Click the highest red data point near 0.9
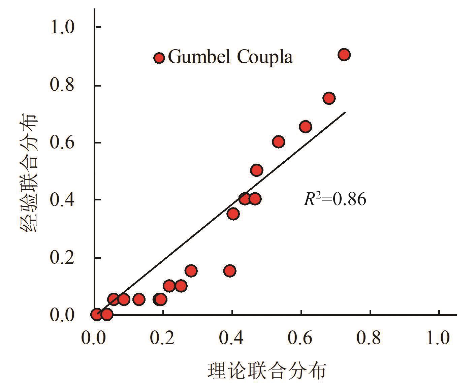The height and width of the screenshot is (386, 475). [344, 55]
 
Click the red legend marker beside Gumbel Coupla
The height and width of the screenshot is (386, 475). [159, 58]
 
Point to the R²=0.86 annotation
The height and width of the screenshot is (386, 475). [335, 199]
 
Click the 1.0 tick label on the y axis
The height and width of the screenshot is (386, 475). [62, 27]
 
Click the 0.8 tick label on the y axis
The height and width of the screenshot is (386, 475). [62, 85]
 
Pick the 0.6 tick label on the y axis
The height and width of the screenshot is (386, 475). [62, 142]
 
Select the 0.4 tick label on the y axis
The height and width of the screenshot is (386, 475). [62, 200]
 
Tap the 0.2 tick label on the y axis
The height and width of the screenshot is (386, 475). [62, 258]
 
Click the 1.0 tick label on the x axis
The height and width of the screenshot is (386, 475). [438, 338]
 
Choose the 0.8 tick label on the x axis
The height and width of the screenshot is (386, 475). [369, 338]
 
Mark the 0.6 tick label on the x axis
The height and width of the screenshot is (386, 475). [300, 338]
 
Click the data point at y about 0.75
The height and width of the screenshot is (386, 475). [329, 98]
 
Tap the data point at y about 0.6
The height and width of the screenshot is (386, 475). [278, 142]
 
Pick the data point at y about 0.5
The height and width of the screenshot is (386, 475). [257, 170]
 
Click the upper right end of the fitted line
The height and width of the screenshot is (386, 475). [345, 112]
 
